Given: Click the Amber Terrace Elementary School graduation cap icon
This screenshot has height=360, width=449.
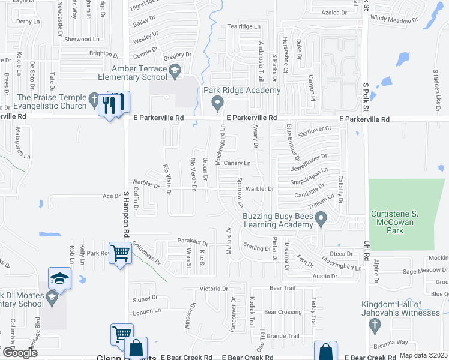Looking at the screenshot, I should [175, 73].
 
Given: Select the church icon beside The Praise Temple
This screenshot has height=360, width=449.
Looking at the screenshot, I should [94, 98].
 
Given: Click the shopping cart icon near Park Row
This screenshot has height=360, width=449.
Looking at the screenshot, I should [120, 254].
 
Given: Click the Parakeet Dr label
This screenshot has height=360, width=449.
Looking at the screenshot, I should [191, 241].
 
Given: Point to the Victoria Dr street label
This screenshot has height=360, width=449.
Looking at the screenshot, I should [214, 289].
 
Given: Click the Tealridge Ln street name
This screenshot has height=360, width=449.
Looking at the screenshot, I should [244, 26].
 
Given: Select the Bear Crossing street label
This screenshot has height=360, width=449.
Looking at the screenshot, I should [283, 312].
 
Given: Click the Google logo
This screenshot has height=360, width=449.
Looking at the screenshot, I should [20, 353].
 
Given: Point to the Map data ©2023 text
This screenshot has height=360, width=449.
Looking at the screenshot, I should [423, 355].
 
